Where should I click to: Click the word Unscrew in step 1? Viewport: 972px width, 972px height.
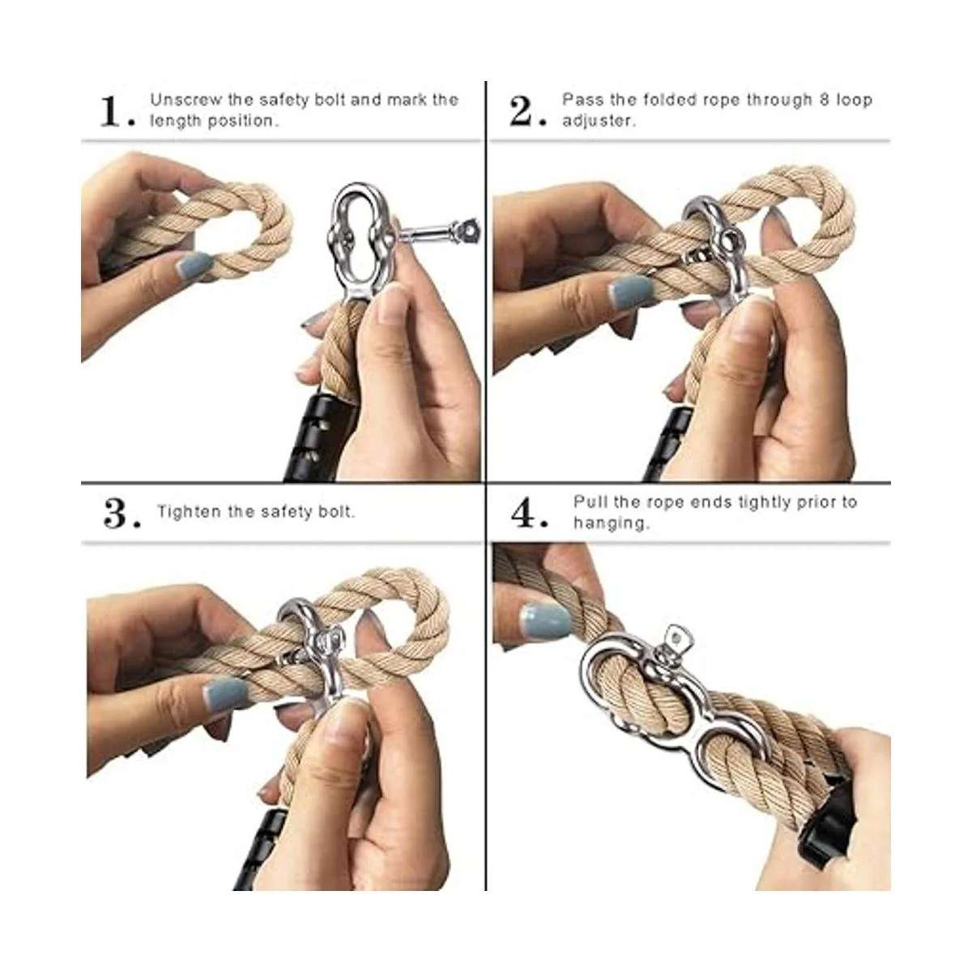[185, 100]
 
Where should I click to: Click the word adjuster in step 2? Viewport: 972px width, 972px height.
[598, 121]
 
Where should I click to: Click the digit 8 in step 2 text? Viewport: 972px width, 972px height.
[825, 100]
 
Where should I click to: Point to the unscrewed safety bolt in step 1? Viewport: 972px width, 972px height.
[438, 232]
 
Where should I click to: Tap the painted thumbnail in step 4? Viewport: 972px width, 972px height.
[546, 620]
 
